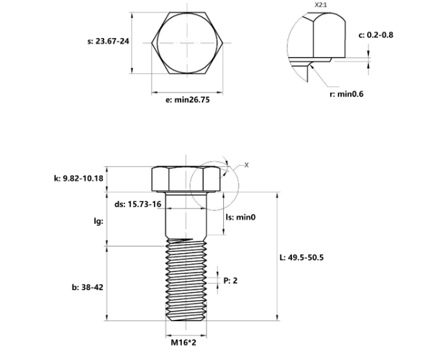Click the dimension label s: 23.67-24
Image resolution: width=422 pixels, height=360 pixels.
point(109,41)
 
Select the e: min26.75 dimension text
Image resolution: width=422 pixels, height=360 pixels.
point(188,100)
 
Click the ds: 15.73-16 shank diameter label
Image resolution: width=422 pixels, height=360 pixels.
point(138,204)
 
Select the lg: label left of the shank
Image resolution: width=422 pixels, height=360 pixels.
point(98,220)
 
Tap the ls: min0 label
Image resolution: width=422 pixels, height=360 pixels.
point(241,218)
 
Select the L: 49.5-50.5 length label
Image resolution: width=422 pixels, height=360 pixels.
point(301,257)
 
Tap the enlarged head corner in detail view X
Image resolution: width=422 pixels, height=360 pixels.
point(317,39)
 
